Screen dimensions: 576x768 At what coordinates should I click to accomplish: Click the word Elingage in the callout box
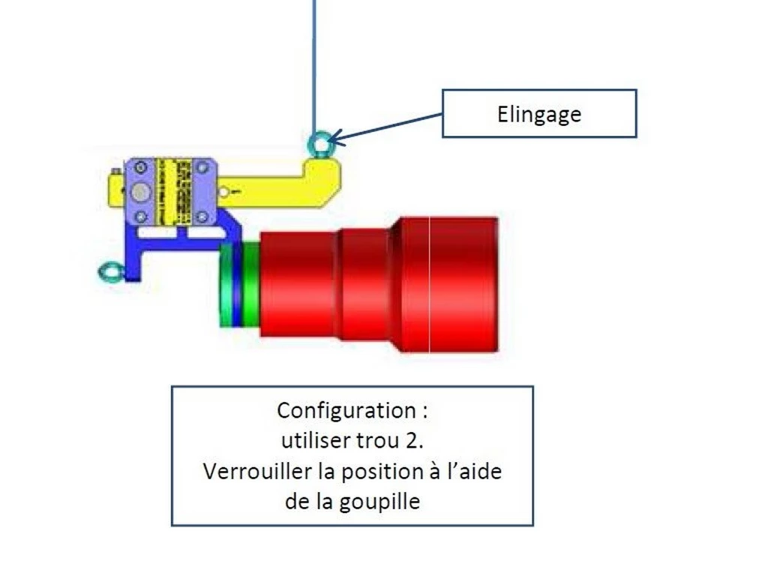click(x=538, y=114)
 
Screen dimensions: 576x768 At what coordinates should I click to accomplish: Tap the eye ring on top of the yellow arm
click(x=319, y=142)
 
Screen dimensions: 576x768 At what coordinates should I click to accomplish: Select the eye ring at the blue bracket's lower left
click(x=110, y=271)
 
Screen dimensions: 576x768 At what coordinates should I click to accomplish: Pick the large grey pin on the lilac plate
click(x=140, y=193)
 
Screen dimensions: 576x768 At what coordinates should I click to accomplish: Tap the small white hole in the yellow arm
click(x=224, y=191)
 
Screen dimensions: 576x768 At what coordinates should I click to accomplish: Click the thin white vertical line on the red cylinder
click(x=429, y=285)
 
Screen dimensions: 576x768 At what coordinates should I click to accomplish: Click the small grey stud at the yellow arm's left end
click(x=114, y=173)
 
